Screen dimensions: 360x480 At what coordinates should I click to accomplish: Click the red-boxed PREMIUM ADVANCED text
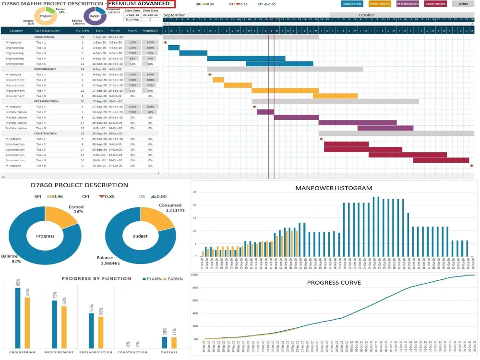pos(142,4)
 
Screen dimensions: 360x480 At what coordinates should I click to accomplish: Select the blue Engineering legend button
pos(352,4)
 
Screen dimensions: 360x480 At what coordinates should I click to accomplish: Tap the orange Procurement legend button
pos(380,4)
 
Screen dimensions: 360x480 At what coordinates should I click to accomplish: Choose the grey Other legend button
pos(463,4)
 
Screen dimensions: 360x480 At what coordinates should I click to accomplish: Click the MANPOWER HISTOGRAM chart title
pos(334,188)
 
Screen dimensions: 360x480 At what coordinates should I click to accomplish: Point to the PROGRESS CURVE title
pos(335,282)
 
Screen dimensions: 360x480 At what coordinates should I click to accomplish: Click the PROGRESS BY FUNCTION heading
pos(96,278)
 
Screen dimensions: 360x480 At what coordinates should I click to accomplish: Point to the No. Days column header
pos(82,30)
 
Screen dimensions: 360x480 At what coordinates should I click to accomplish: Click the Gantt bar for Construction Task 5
pos(441,160)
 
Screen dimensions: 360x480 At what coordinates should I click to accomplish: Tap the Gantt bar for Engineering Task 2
pos(174,48)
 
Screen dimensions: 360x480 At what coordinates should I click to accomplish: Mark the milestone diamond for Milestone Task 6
pos(471,166)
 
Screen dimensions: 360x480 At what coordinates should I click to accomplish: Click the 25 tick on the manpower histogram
pos(194,192)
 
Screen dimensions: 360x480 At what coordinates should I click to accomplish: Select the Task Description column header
pos(47,30)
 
